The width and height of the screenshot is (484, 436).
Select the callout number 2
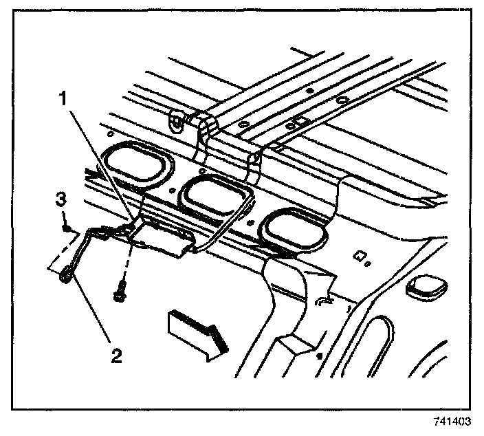point(118,356)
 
